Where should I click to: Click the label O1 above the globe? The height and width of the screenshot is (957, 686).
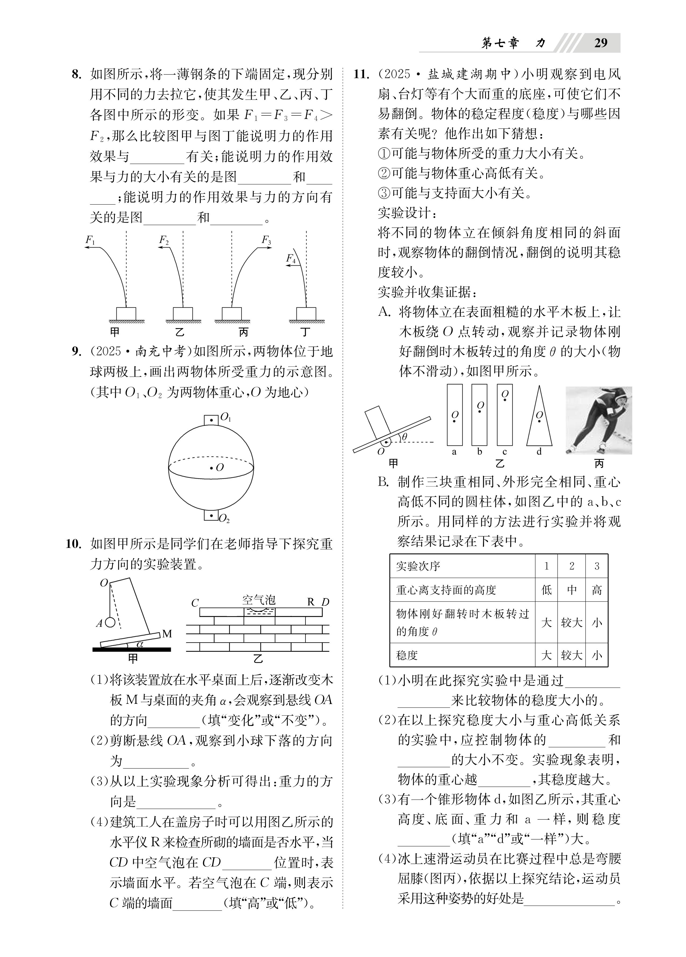[226, 417]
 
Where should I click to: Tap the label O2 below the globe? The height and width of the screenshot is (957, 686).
[224, 518]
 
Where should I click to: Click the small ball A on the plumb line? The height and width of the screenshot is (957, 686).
[110, 622]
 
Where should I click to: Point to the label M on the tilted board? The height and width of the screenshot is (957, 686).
[167, 634]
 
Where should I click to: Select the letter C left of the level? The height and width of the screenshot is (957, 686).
[195, 603]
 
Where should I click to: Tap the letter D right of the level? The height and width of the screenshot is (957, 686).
[325, 602]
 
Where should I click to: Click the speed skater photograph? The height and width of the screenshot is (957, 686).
[598, 420]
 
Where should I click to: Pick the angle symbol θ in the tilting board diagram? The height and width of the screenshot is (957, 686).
[405, 437]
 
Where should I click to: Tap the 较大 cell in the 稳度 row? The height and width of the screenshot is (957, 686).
[571, 655]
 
